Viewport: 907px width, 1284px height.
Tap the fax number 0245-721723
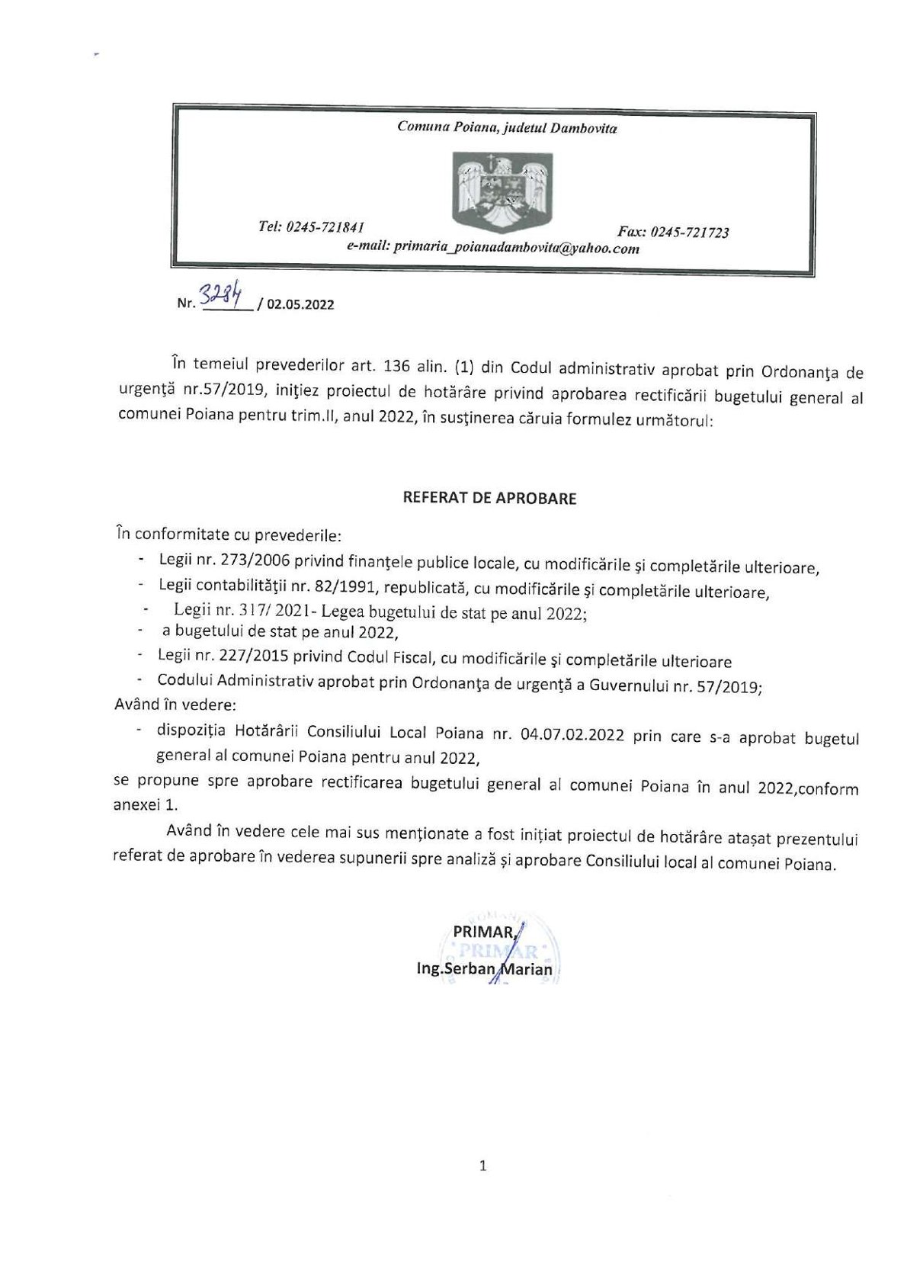[x=691, y=233]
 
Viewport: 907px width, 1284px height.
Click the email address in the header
[x=516, y=248]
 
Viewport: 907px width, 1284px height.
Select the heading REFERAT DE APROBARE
[x=489, y=499]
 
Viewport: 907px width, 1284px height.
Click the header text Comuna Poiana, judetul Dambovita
[x=507, y=128]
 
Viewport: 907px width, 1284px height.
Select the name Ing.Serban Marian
[x=485, y=969]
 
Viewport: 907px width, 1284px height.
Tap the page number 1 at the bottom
[x=482, y=1166]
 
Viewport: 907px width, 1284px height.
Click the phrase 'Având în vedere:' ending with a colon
[x=175, y=705]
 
